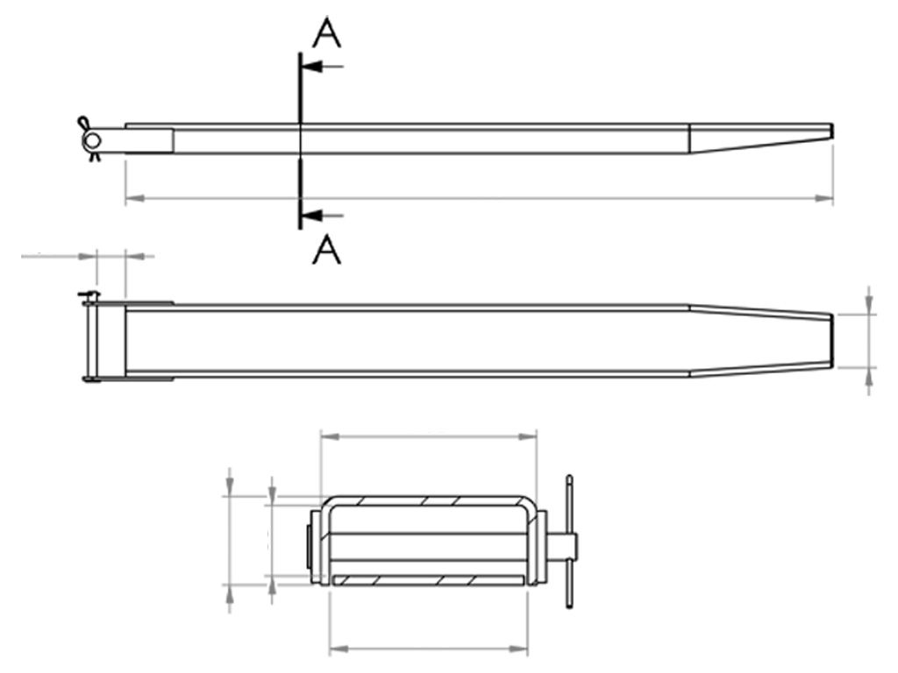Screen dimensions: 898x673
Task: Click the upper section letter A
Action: click(327, 33)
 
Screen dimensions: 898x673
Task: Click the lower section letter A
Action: click(327, 250)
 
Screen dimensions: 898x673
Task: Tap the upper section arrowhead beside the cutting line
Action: click(310, 67)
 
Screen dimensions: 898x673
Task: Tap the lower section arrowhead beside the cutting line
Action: click(310, 216)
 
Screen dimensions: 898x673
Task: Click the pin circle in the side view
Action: click(91, 140)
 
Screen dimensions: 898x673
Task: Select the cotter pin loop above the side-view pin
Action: click(84, 123)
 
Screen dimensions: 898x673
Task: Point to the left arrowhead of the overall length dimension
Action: click(134, 198)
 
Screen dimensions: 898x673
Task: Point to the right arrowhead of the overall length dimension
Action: click(824, 198)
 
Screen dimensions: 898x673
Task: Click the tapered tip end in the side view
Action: click(832, 131)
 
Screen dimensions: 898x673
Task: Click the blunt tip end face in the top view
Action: click(831, 341)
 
